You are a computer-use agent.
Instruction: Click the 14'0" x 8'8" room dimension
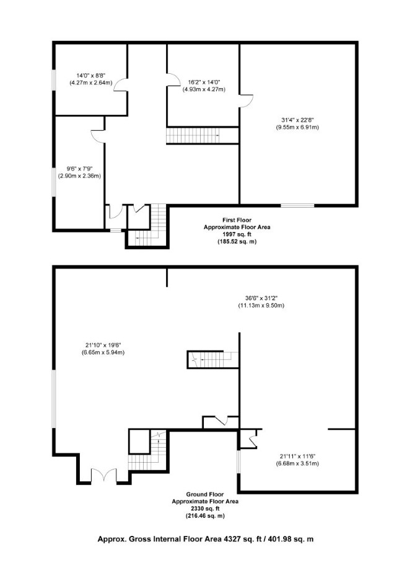(x=91, y=76)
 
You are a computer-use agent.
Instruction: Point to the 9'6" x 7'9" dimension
(x=79, y=169)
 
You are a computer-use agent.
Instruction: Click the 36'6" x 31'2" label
(x=261, y=298)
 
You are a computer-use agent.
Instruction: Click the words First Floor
(x=237, y=220)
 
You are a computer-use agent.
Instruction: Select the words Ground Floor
(x=205, y=494)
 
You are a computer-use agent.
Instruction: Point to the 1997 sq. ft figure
(x=237, y=234)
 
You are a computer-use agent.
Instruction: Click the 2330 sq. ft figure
(x=205, y=509)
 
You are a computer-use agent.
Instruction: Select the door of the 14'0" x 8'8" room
(x=121, y=85)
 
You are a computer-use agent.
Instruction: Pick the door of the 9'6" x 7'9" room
(x=98, y=136)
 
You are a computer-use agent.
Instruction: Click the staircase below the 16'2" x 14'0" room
(x=193, y=136)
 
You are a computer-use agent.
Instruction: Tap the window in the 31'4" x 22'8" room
(x=297, y=205)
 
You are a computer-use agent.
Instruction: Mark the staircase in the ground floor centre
(x=212, y=360)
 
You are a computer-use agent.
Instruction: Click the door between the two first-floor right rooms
(x=246, y=101)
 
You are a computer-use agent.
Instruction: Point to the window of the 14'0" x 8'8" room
(x=55, y=80)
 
